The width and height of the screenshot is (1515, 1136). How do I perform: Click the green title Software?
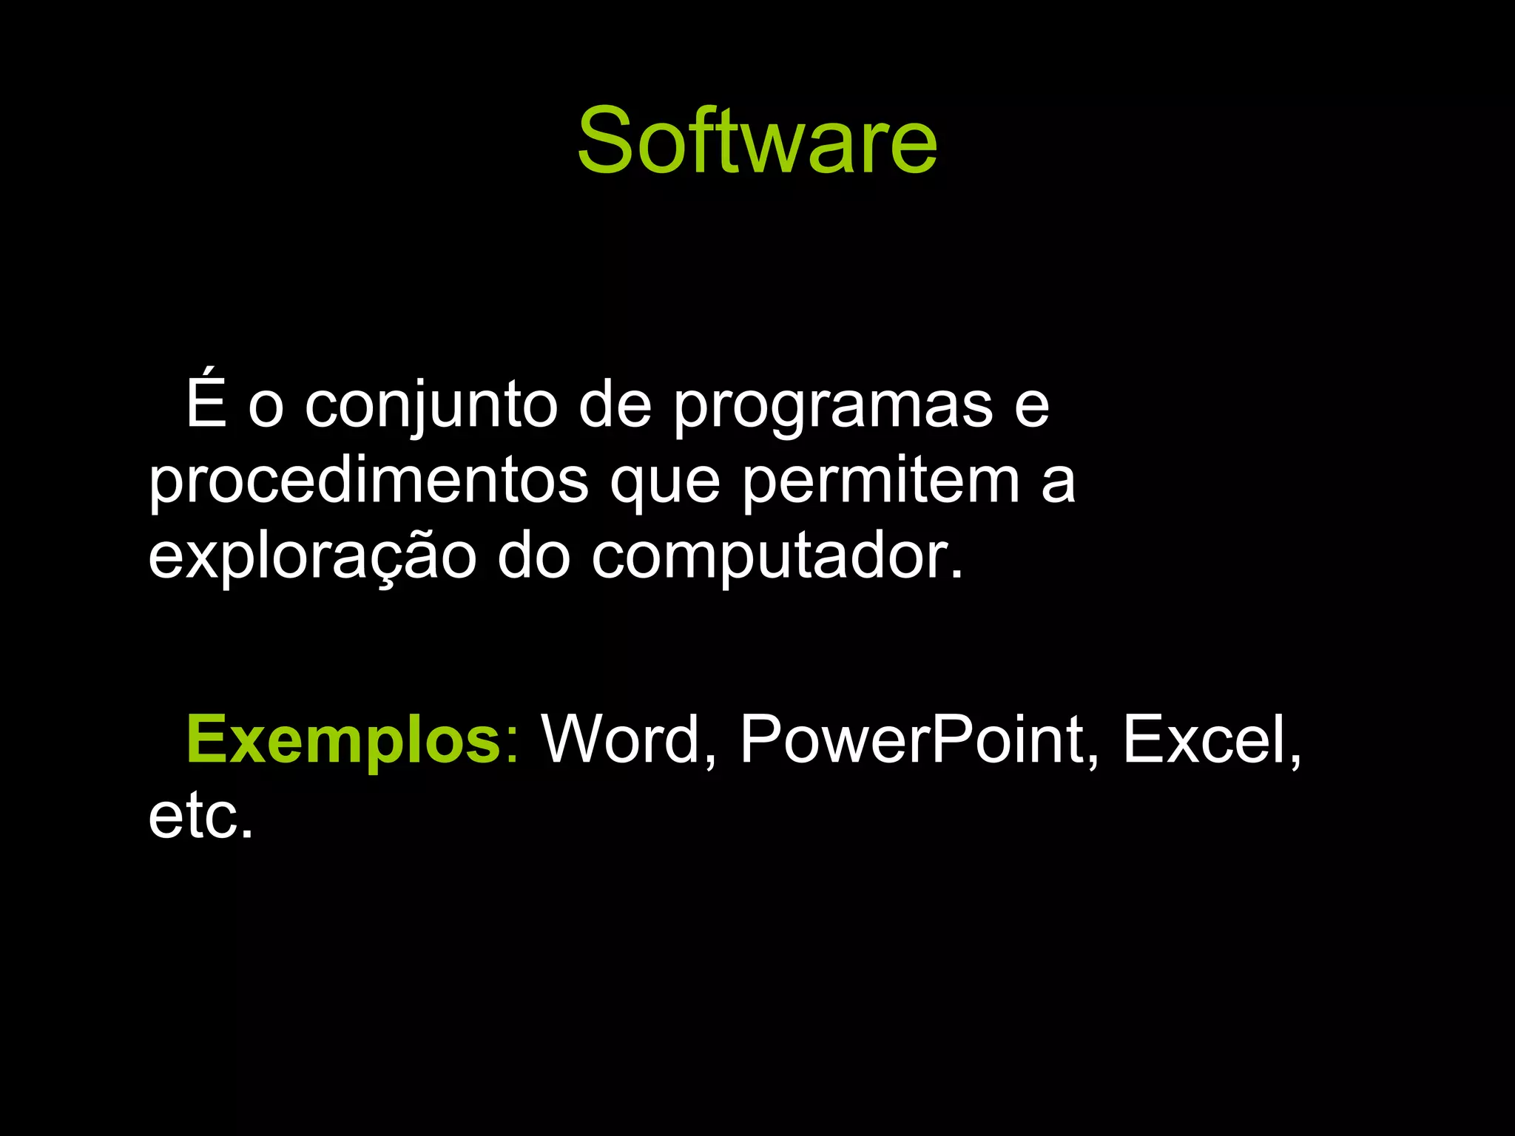click(757, 141)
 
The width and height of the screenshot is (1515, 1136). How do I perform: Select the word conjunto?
click(431, 407)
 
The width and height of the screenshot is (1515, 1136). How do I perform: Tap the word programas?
click(833, 408)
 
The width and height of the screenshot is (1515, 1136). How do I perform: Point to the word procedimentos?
click(368, 482)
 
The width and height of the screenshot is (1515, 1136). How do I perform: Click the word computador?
click(769, 559)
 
